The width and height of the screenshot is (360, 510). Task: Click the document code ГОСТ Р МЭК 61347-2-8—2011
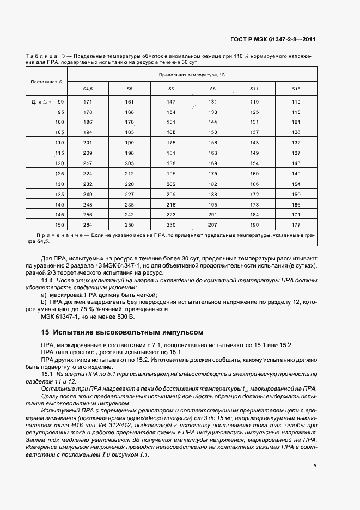pyautogui.click(x=274, y=40)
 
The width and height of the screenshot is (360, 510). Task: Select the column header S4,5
pyautogui.click(x=88, y=88)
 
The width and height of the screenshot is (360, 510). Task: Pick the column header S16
pyautogui.click(x=296, y=88)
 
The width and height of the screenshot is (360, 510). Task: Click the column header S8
pyautogui.click(x=212, y=88)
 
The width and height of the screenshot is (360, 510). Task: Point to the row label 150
pyautogui.click(x=59, y=224)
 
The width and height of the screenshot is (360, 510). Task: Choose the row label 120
pyautogui.click(x=59, y=163)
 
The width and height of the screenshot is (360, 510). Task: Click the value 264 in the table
pyautogui.click(x=88, y=224)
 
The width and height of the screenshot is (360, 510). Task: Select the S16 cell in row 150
pyautogui.click(x=296, y=224)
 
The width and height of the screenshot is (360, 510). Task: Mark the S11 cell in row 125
pyautogui.click(x=254, y=173)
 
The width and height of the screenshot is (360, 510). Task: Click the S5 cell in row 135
pyautogui.click(x=129, y=194)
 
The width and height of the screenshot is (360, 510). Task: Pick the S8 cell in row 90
pyautogui.click(x=212, y=102)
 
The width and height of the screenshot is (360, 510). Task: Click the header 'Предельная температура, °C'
pyautogui.click(x=192, y=74)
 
